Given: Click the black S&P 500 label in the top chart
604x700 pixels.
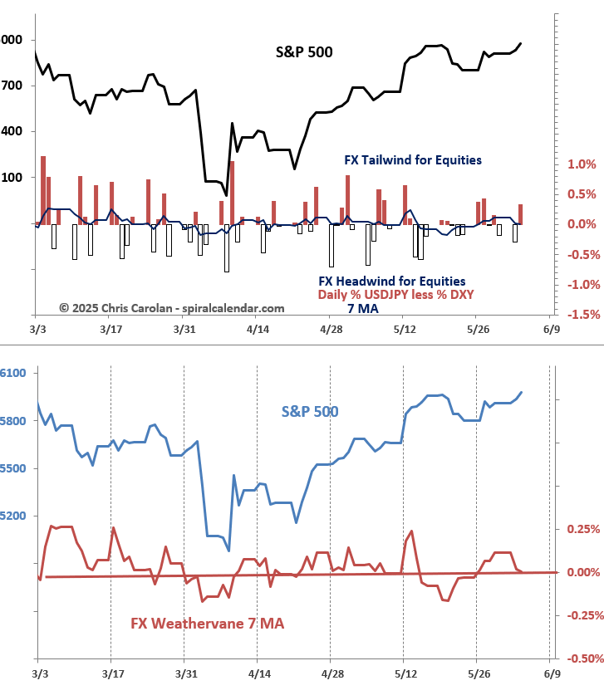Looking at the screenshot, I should (304, 51).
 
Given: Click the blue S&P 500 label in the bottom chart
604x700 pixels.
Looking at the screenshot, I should (310, 411).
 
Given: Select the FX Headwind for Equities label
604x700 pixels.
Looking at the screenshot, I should (392, 281).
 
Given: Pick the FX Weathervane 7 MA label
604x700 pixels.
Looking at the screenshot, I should (208, 623).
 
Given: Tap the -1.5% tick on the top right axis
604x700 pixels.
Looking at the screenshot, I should (582, 314).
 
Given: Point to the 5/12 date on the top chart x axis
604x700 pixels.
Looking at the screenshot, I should (403, 329).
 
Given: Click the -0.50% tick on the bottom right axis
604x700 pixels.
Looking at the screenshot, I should (583, 658).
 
